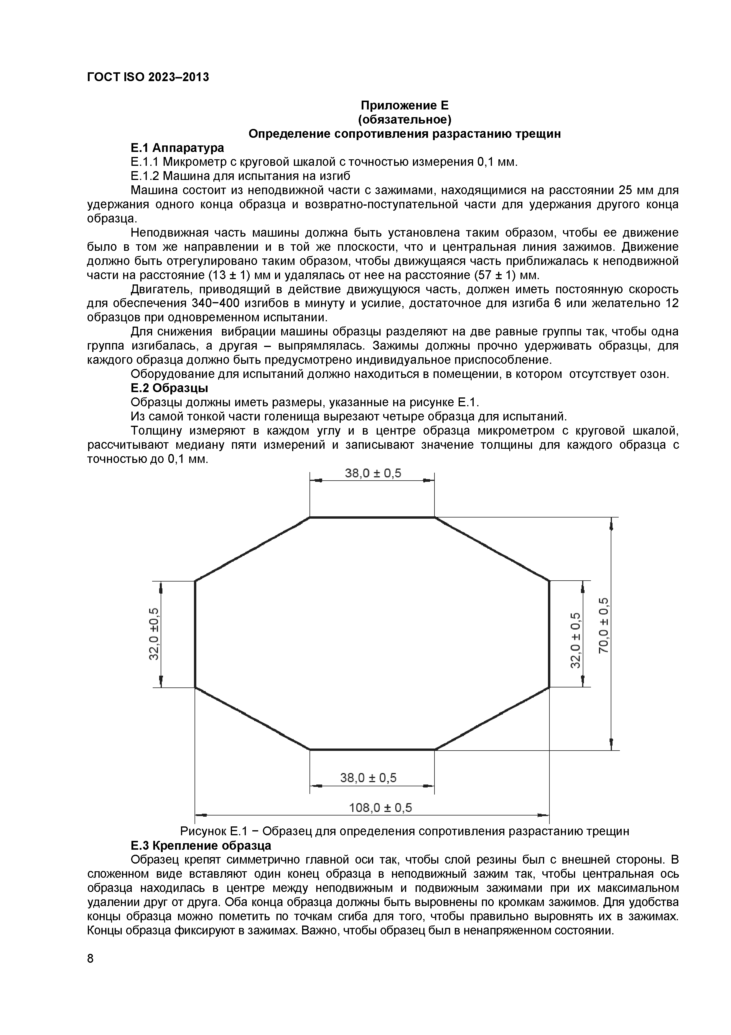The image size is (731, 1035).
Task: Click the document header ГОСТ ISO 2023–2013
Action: click(148, 77)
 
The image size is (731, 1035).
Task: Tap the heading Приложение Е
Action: click(404, 106)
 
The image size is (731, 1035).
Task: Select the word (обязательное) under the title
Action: click(404, 120)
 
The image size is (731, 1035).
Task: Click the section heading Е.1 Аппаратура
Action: click(177, 148)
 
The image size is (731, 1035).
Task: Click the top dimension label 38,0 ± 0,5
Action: click(373, 473)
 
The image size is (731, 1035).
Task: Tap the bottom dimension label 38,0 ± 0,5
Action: click(368, 778)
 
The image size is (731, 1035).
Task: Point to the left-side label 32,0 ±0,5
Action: click(154, 634)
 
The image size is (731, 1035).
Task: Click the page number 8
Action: click(90, 958)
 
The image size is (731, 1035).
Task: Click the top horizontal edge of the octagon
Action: click(372, 517)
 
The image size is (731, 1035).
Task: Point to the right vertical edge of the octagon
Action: click(549, 634)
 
